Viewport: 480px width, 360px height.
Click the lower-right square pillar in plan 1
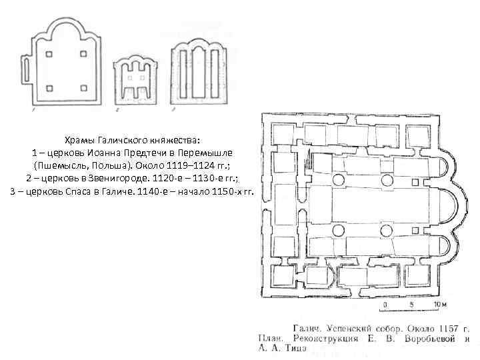coord(83,87)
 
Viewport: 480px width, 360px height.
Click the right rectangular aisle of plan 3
coord(215,77)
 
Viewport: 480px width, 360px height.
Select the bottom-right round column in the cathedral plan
coord(386,231)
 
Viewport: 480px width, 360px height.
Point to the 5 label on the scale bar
coord(411,305)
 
